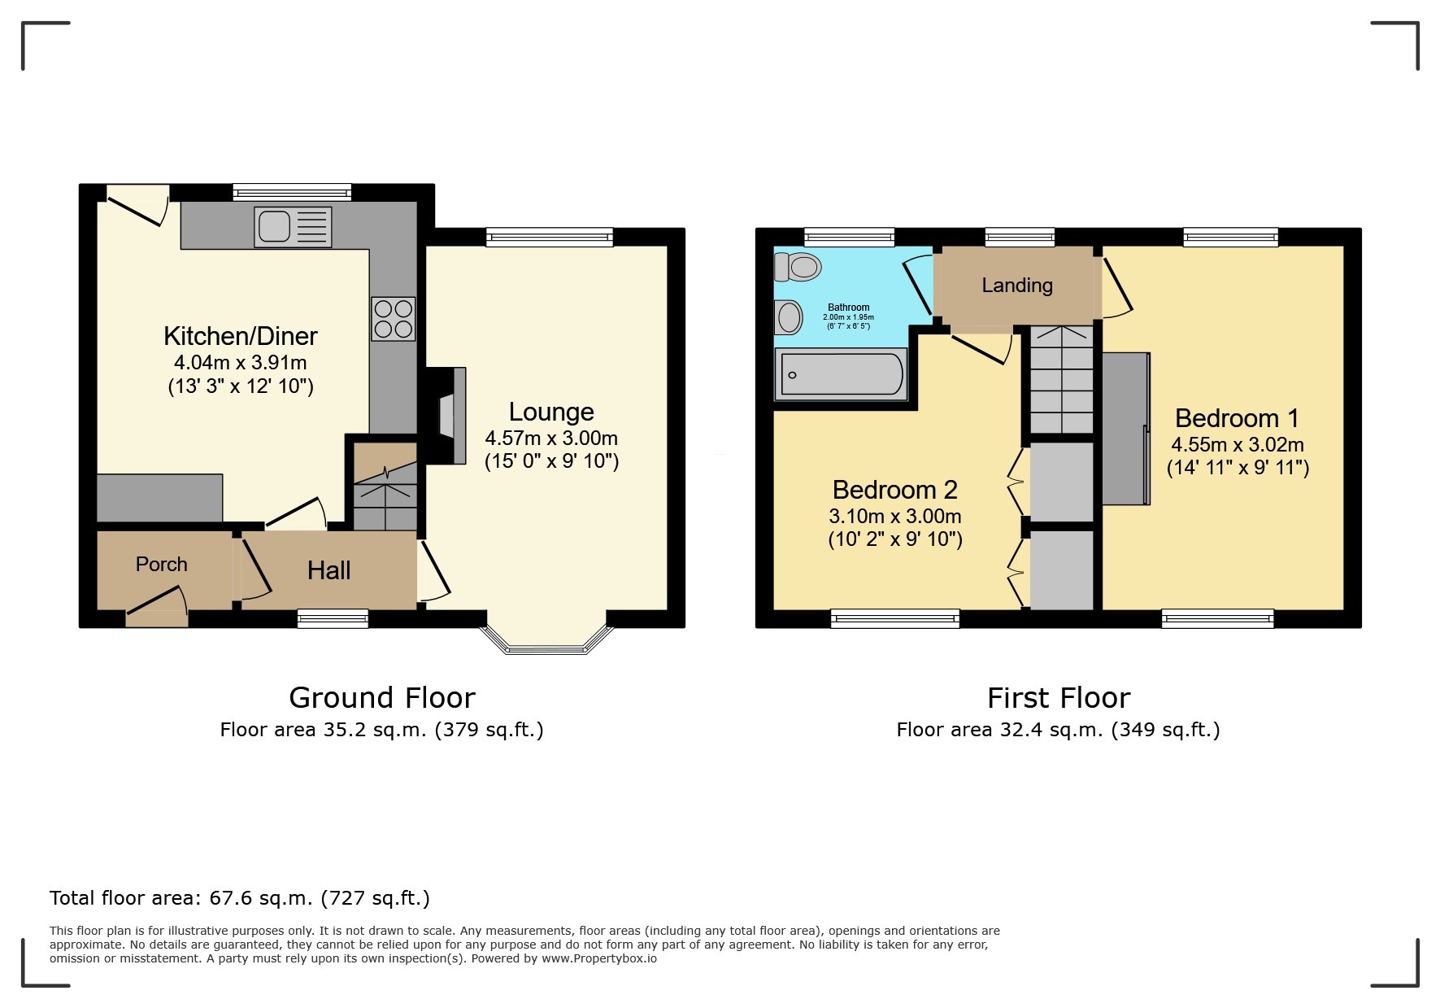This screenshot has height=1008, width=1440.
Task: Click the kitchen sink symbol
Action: tap(293, 226)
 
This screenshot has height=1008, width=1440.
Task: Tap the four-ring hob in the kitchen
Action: tap(394, 318)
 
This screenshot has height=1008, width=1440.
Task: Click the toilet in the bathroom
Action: tap(798, 266)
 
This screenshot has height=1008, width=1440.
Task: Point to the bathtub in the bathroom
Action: tap(841, 375)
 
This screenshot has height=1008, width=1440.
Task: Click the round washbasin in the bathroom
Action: tap(788, 316)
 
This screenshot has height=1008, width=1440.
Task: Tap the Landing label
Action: tap(1016, 285)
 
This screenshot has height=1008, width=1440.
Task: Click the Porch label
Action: tap(161, 564)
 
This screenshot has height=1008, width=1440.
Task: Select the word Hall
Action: tap(328, 570)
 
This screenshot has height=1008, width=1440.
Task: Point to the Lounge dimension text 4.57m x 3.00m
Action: tap(551, 438)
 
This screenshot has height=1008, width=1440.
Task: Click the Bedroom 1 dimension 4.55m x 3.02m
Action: tap(1237, 444)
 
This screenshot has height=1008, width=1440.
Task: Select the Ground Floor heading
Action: tap(381, 697)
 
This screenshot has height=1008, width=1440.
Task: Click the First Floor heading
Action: tap(1058, 697)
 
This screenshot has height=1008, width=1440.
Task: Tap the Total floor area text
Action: tap(239, 897)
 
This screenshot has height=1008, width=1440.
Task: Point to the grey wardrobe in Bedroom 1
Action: tap(1125, 429)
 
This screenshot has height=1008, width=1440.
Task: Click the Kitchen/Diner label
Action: tap(240, 335)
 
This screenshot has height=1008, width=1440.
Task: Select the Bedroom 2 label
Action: tap(894, 489)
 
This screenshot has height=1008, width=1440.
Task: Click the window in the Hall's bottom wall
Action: tap(333, 619)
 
